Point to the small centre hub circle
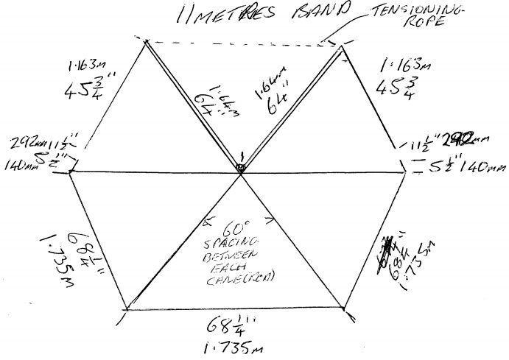click(241, 169)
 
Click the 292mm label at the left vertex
click(26, 144)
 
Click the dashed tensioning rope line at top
click(243, 43)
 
